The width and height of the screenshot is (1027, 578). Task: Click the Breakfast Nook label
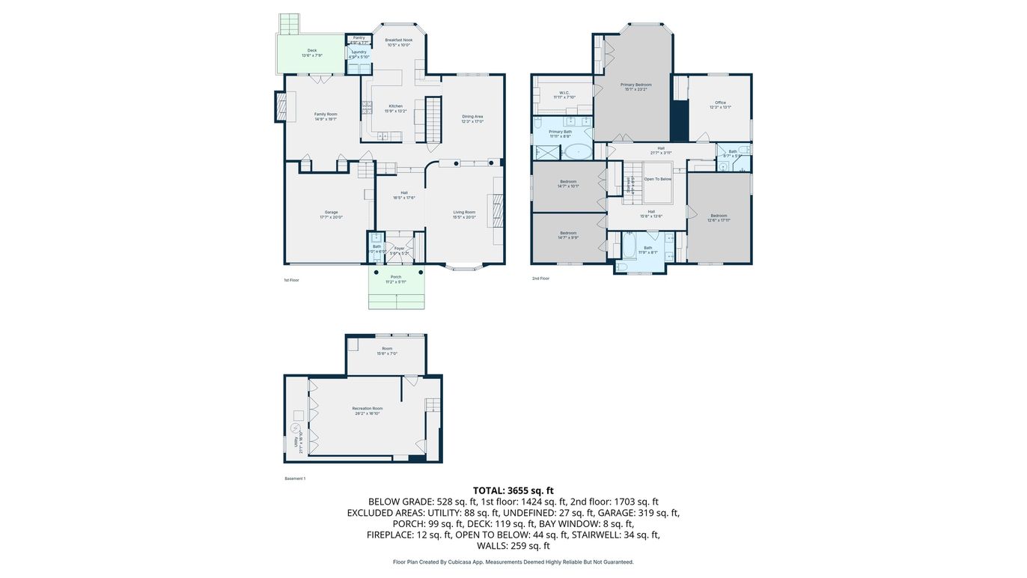[x=398, y=40]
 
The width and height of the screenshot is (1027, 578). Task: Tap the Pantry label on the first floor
[x=359, y=37]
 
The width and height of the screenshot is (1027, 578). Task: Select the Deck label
[x=312, y=51]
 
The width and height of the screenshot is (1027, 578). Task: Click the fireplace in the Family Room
[x=281, y=106]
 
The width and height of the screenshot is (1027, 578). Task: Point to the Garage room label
[x=331, y=212]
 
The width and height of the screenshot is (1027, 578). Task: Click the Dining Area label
[x=472, y=116]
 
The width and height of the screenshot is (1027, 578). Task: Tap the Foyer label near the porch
[x=400, y=249]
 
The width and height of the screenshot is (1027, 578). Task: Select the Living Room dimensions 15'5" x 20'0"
[x=464, y=217]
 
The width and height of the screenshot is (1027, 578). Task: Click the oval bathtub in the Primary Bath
[x=577, y=153]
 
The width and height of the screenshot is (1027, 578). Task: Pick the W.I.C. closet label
[x=564, y=93]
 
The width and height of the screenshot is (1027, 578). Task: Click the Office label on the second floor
[x=720, y=103]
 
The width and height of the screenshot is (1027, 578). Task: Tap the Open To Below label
[x=658, y=179]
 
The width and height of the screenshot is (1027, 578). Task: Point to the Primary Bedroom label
[x=636, y=85]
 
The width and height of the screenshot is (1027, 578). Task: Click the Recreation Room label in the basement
[x=367, y=409]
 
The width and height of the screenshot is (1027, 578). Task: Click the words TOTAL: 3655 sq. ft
[x=513, y=490]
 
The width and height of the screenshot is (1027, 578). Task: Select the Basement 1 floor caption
[x=295, y=478]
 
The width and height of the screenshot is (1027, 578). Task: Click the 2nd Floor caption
[x=540, y=279]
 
